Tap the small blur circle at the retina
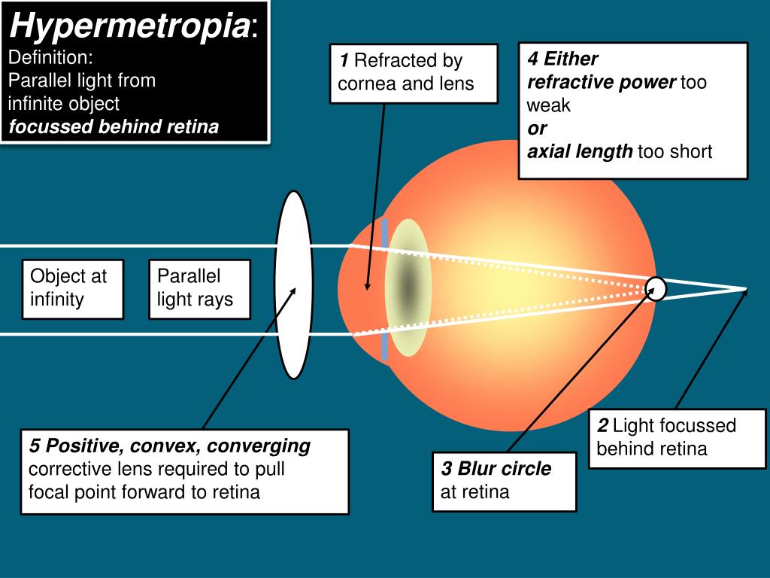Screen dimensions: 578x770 656,289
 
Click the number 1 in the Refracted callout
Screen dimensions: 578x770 344,60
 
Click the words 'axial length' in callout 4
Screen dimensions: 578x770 580,152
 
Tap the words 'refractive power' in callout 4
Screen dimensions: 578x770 602,82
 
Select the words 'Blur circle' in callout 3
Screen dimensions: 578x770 504,469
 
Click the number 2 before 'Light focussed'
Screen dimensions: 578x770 602,426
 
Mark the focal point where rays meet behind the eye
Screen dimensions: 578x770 744,289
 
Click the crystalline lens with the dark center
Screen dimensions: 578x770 407,287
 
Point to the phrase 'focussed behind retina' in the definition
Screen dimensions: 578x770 114,126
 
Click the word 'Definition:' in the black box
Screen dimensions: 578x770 50,57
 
